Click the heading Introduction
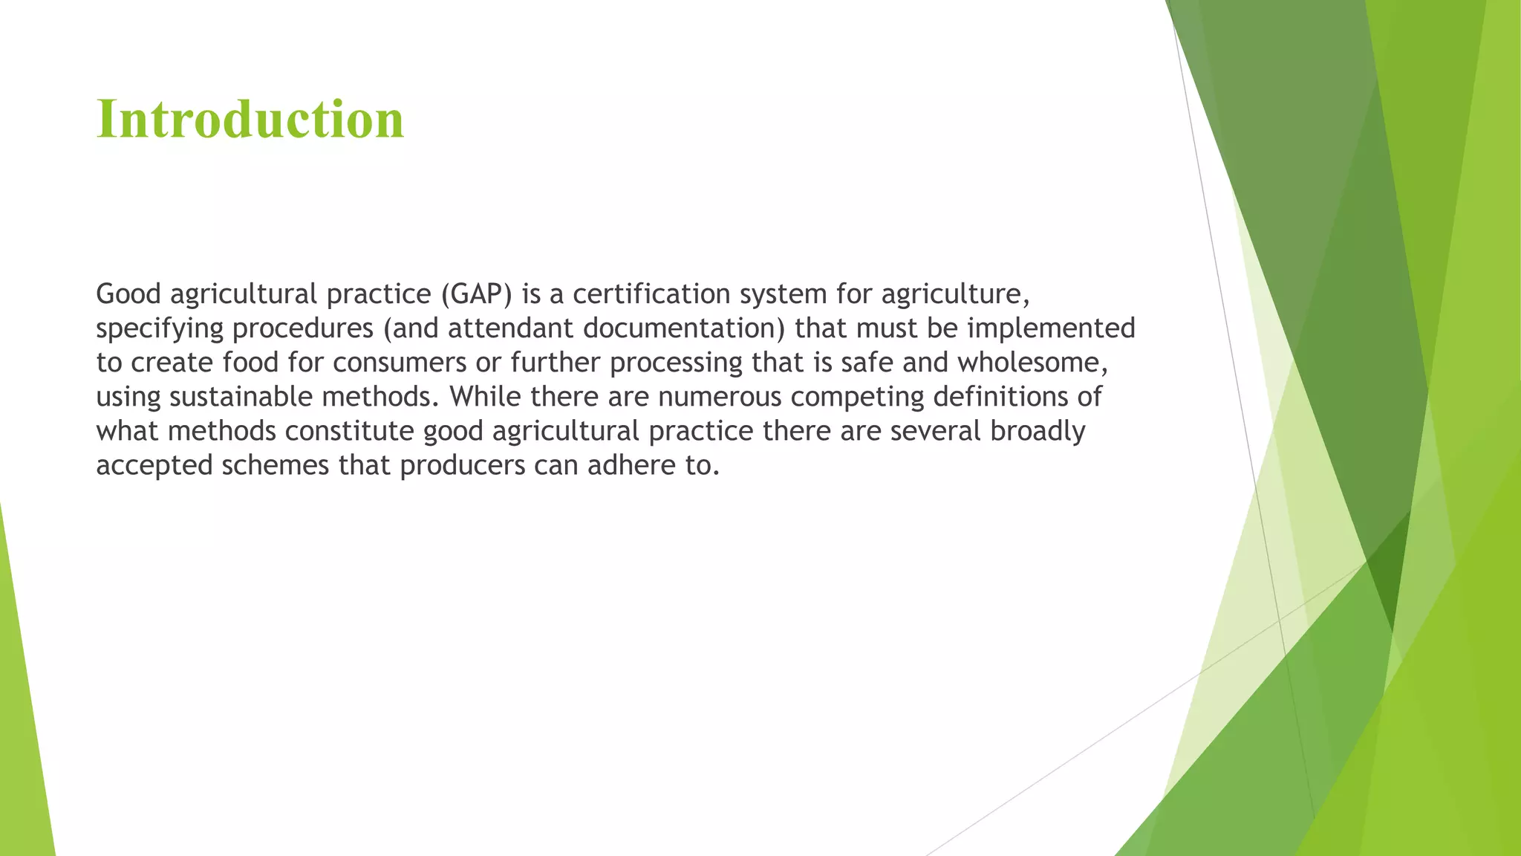click(x=250, y=119)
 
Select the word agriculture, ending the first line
click(x=955, y=294)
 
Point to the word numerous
click(x=719, y=397)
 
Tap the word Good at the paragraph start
click(x=128, y=294)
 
